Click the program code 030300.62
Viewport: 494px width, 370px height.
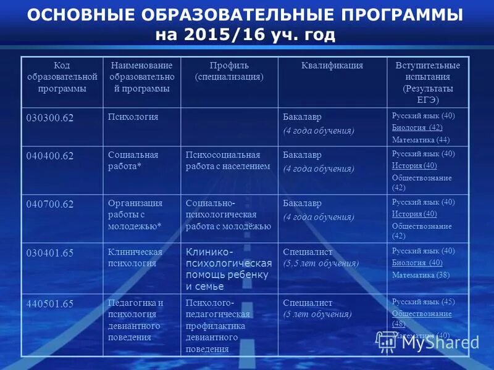point(49,118)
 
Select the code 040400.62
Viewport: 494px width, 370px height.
point(49,156)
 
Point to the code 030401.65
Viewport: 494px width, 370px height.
point(49,252)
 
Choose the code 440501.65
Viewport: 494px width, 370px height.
point(49,303)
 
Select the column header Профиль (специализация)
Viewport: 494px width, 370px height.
point(229,71)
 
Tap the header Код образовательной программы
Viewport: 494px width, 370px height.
point(61,76)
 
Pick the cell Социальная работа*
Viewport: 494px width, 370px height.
point(133,160)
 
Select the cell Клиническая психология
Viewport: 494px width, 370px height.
point(135,257)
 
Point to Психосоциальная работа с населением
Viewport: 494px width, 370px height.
point(228,160)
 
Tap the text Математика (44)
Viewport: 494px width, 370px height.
point(421,139)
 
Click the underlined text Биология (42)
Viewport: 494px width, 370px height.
point(417,128)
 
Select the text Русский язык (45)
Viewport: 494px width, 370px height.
point(423,302)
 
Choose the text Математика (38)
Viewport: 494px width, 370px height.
point(421,274)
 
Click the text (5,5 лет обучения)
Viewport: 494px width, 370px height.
point(320,263)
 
